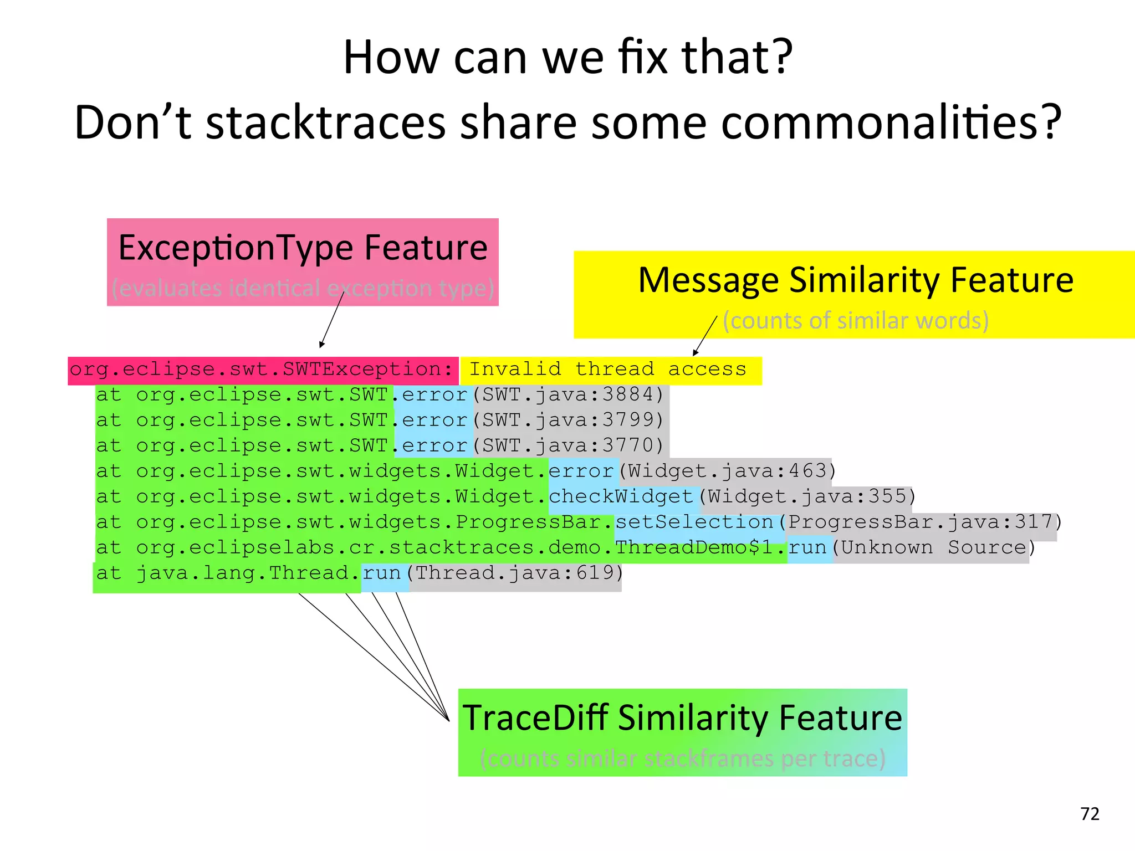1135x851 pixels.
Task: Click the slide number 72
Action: click(1090, 813)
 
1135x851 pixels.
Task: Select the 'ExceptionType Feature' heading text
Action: click(303, 248)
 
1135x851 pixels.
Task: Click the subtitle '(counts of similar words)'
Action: click(856, 320)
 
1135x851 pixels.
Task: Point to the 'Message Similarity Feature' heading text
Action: click(856, 280)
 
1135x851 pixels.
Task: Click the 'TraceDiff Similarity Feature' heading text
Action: click(682, 717)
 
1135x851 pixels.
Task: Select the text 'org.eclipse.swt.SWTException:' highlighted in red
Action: click(262, 370)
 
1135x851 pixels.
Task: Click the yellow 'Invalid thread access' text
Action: click(607, 370)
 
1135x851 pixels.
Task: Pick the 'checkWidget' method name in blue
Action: click(621, 496)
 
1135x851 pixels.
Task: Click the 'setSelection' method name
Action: click(694, 522)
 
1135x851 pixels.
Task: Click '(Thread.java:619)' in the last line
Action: click(515, 573)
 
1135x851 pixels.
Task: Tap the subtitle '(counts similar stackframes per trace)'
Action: click(682, 758)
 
